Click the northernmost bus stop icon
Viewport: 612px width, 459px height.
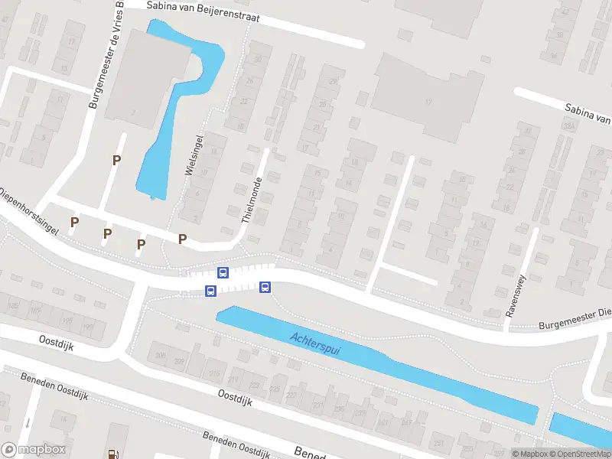pyautogui.click(x=223, y=272)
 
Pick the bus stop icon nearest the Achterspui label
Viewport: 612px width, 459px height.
pyautogui.click(x=265, y=288)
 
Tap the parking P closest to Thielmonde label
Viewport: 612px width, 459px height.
pyautogui.click(x=182, y=239)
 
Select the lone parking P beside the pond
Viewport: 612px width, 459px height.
pyautogui.click(x=116, y=160)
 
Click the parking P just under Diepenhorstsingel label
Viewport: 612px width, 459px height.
pyautogui.click(x=74, y=222)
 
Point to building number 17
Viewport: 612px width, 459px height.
pyautogui.click(x=429, y=102)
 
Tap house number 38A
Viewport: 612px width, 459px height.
pyautogui.click(x=568, y=125)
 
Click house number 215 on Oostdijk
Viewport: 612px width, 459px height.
pyautogui.click(x=213, y=373)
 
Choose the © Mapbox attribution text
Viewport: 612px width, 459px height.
pyautogui.click(x=529, y=454)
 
